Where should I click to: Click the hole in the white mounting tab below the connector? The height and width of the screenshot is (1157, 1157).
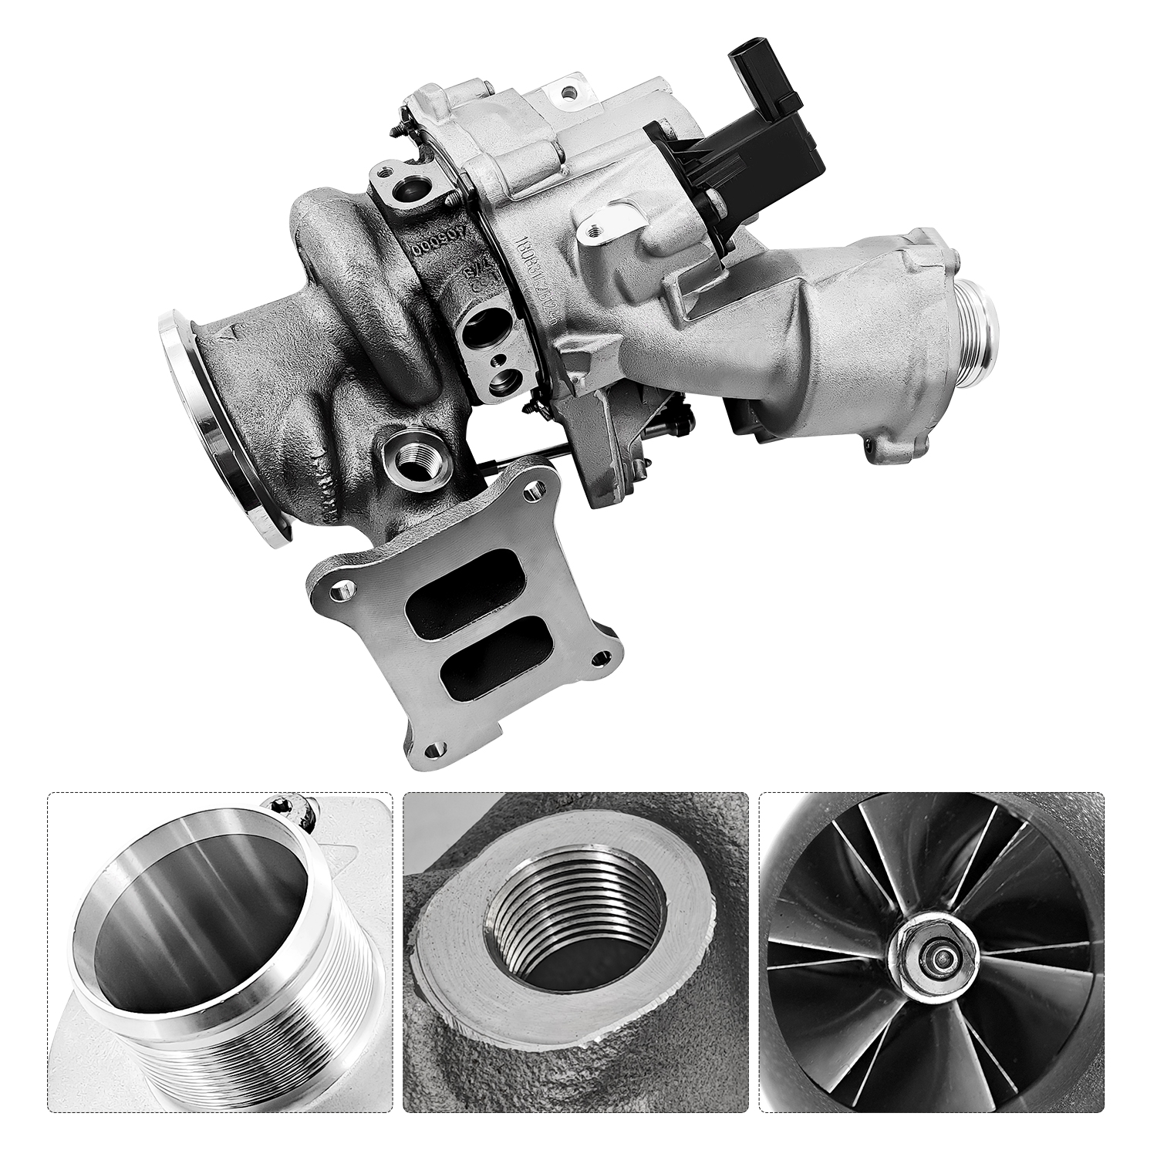tap(592, 229)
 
